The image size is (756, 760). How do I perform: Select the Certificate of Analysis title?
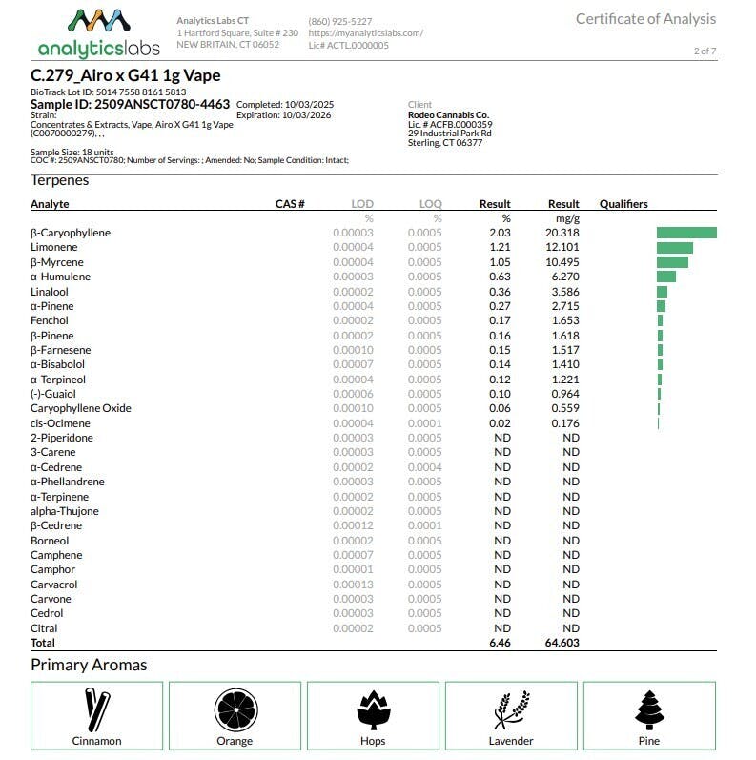tap(645, 19)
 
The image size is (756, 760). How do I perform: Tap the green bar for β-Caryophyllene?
tap(686, 233)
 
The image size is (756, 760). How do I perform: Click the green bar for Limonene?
tap(674, 248)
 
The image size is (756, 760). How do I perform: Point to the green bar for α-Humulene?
tap(665, 277)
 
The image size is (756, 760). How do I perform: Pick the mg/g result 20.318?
tap(562, 233)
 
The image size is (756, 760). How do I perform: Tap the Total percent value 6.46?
tap(500, 644)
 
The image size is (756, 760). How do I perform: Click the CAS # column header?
tap(289, 204)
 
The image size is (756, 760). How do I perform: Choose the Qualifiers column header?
tap(623, 204)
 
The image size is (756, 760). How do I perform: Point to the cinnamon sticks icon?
tap(96, 710)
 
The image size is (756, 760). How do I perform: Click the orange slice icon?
tap(235, 710)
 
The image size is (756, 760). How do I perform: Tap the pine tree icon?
tap(648, 710)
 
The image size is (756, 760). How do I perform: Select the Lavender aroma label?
tap(511, 741)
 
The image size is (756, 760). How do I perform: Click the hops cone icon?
tap(373, 710)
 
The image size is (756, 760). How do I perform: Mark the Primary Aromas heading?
tap(89, 665)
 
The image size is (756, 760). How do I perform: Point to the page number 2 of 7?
tap(705, 51)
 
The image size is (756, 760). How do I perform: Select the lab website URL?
tap(365, 32)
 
